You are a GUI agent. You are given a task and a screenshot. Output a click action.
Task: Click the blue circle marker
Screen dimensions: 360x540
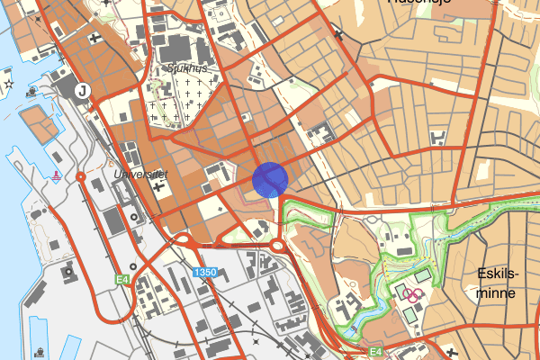point(270,178)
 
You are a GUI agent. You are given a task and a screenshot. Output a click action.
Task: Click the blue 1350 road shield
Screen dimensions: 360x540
point(204,271)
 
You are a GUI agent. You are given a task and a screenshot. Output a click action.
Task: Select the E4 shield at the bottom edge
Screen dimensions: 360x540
point(376,352)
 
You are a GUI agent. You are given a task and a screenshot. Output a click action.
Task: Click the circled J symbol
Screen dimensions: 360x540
point(82,90)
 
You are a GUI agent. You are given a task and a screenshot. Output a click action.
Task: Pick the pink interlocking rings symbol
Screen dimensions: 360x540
point(413,293)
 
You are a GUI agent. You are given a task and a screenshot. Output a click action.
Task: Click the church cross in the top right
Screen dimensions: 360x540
point(338,35)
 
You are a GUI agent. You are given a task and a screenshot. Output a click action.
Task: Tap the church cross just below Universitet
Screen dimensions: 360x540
point(159,187)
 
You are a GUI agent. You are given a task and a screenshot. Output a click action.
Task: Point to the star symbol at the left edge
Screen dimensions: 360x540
point(8,84)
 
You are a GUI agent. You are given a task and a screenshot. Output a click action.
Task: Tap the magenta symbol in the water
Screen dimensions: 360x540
point(57,174)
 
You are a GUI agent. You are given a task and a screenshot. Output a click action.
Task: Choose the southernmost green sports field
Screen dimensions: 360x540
point(409,314)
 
